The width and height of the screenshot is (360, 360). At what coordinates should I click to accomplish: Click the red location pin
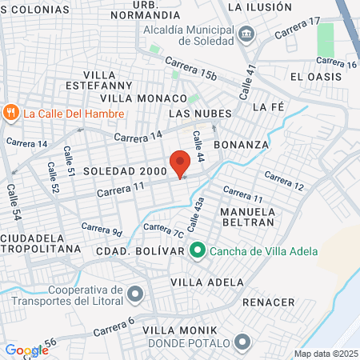(x=179, y=163)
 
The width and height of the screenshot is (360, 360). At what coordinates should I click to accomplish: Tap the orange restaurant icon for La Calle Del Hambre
(x=10, y=113)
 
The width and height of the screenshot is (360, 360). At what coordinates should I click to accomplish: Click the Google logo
(x=26, y=350)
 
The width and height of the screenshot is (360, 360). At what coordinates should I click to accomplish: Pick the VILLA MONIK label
(x=173, y=330)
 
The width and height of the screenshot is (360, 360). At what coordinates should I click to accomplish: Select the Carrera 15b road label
(x=191, y=69)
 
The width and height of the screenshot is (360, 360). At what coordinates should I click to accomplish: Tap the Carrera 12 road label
(x=284, y=181)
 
